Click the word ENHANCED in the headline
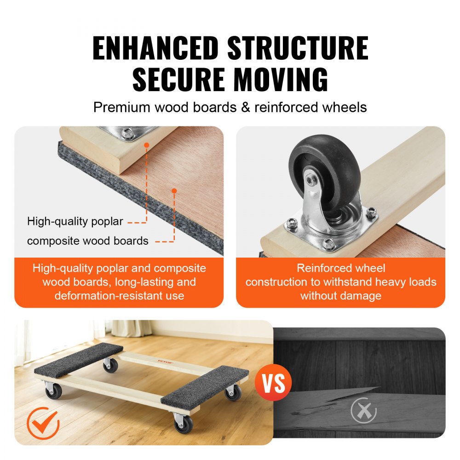coord(155,48)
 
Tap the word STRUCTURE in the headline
coord(298,48)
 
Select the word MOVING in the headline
coord(281,79)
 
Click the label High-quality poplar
coord(75,221)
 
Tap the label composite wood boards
coord(87,241)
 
